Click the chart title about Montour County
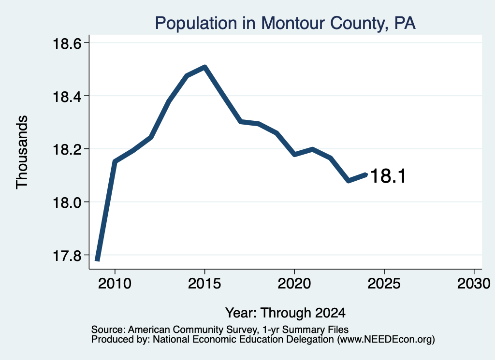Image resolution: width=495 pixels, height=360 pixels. [285, 23]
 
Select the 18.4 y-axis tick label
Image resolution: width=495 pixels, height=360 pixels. [67, 96]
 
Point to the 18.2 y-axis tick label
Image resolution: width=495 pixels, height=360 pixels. [67, 149]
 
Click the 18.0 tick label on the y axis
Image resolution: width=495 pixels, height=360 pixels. [67, 202]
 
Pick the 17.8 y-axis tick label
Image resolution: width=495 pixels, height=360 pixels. [67, 255]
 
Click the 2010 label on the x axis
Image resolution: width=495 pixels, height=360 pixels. [115, 283]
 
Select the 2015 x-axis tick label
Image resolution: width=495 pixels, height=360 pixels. [204, 283]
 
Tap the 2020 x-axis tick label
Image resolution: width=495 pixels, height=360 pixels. [294, 283]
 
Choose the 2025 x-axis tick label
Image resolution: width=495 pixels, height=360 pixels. [384, 283]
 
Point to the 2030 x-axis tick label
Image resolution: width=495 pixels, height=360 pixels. [474, 283]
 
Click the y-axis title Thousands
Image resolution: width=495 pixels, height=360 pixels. [22, 152]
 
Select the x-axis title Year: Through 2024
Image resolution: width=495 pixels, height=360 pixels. [285, 313]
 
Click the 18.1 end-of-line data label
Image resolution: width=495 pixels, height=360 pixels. [388, 176]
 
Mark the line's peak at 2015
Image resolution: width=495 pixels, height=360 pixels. [205, 67]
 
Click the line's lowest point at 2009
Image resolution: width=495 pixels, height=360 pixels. [97, 260]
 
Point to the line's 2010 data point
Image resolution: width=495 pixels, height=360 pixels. [115, 162]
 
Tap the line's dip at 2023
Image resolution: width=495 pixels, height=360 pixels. [348, 181]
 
